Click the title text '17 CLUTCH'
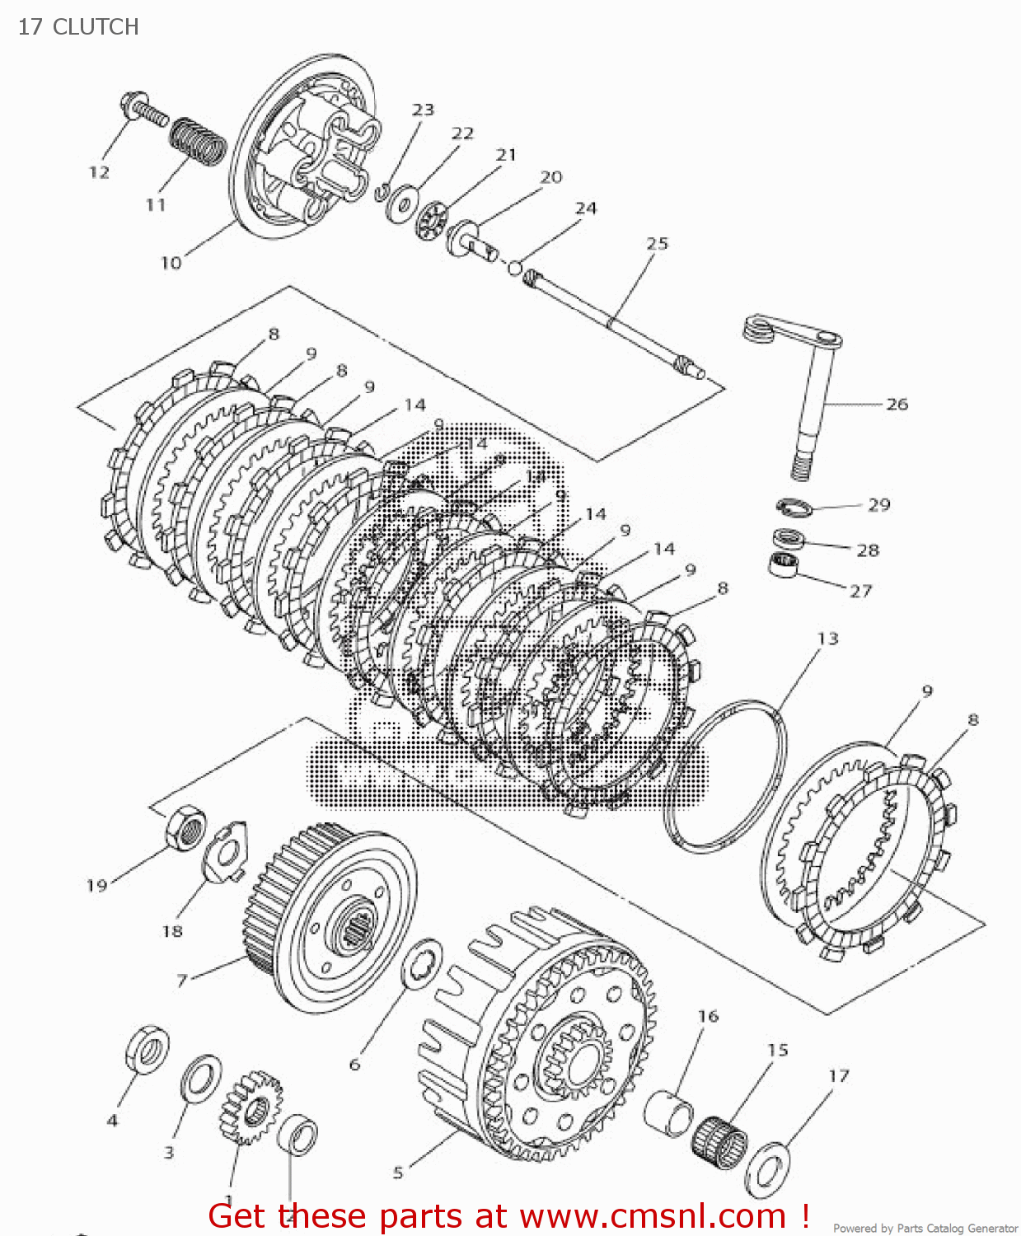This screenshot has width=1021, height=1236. pyautogui.click(x=78, y=26)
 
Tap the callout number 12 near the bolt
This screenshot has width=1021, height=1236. pyautogui.click(x=99, y=172)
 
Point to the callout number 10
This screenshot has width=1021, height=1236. pyautogui.click(x=171, y=263)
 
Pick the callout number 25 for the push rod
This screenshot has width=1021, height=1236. pyautogui.click(x=657, y=244)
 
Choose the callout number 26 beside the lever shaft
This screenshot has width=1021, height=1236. pyautogui.click(x=897, y=404)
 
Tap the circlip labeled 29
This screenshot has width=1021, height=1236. pyautogui.click(x=794, y=508)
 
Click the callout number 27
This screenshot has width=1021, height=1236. pyautogui.click(x=860, y=591)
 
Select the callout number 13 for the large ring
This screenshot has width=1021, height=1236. pyautogui.click(x=827, y=639)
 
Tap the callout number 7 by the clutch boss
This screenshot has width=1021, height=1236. pyautogui.click(x=182, y=980)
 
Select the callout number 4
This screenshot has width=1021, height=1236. pyautogui.click(x=113, y=1121)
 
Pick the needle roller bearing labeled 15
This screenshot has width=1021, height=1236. pyautogui.click(x=719, y=1141)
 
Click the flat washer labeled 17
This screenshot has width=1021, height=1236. pyautogui.click(x=767, y=1169)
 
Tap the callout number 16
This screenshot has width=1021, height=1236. pyautogui.click(x=708, y=1016)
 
